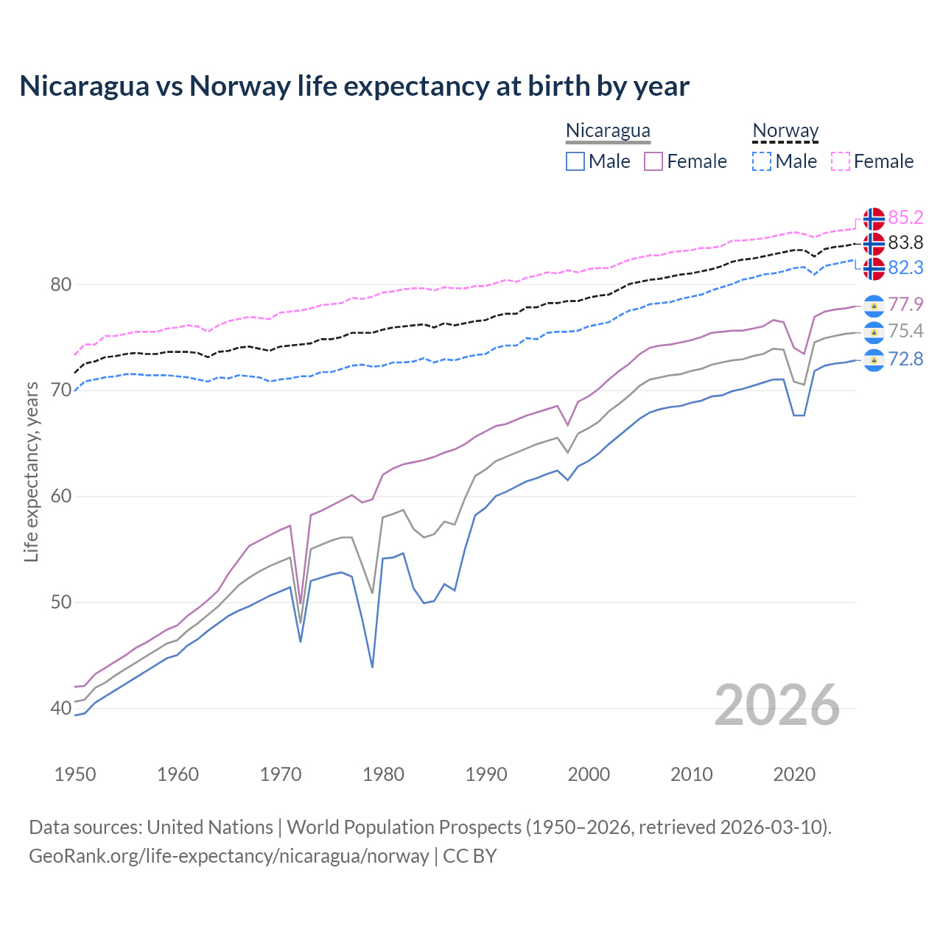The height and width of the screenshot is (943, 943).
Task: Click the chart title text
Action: tap(354, 86)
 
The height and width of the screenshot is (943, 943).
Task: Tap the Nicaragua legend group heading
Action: tap(608, 130)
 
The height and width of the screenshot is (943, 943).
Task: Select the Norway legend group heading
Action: tap(785, 130)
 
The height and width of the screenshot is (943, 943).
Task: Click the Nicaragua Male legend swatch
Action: tap(575, 161)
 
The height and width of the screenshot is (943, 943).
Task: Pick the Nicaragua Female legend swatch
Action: tap(653, 161)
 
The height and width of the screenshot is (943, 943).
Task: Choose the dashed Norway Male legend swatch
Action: tap(762, 161)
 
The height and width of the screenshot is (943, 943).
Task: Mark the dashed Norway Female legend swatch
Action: tap(841, 161)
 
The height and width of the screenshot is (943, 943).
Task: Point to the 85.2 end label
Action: tap(905, 217)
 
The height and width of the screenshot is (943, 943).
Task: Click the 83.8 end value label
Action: tap(905, 242)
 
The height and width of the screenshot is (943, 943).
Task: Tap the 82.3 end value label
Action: tap(905, 267)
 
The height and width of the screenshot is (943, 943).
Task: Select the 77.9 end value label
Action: tap(905, 304)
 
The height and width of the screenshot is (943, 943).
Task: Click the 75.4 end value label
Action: tap(905, 331)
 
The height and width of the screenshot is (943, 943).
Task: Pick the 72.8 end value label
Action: tap(905, 359)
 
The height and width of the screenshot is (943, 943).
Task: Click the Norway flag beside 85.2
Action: tap(874, 219)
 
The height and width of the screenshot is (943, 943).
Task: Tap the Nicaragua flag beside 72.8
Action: tap(874, 360)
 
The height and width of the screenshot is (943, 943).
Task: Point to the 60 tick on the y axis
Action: tap(60, 496)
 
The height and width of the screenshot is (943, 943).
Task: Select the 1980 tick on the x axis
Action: tap(383, 774)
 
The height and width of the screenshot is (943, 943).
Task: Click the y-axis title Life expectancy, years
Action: tap(32, 471)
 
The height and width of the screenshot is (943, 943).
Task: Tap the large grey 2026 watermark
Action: tap(777, 705)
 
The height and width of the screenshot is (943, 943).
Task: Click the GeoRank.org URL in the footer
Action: tap(228, 856)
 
